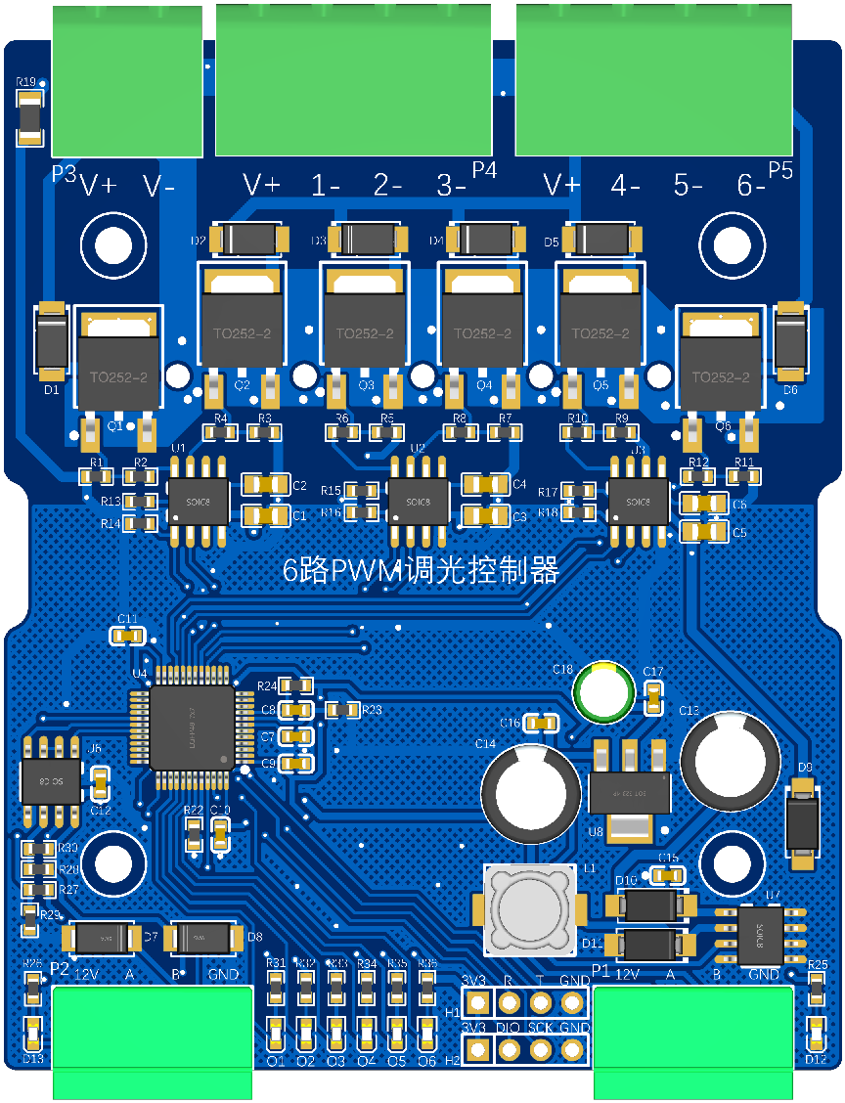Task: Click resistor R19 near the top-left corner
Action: [x=30, y=118]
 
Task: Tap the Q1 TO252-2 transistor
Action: [x=118, y=364]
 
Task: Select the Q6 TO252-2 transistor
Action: [x=720, y=364]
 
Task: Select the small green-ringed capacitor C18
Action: [x=603, y=692]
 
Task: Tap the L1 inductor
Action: [x=530, y=908]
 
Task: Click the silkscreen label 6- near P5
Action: [x=751, y=185]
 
